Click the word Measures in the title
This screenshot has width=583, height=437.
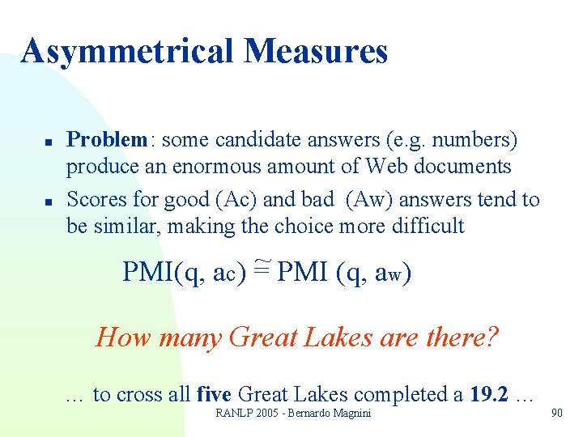coord(316,52)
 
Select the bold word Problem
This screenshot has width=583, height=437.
coord(106,140)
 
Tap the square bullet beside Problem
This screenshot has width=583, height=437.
coord(49,142)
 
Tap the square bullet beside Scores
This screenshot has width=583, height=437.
coord(49,199)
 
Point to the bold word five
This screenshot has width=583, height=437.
coord(215,395)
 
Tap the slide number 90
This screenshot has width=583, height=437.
coord(556,414)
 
